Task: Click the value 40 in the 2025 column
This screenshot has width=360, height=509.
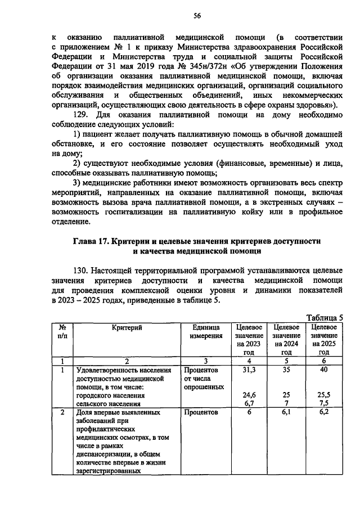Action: [x=323, y=370]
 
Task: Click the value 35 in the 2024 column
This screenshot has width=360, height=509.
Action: [x=286, y=370]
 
